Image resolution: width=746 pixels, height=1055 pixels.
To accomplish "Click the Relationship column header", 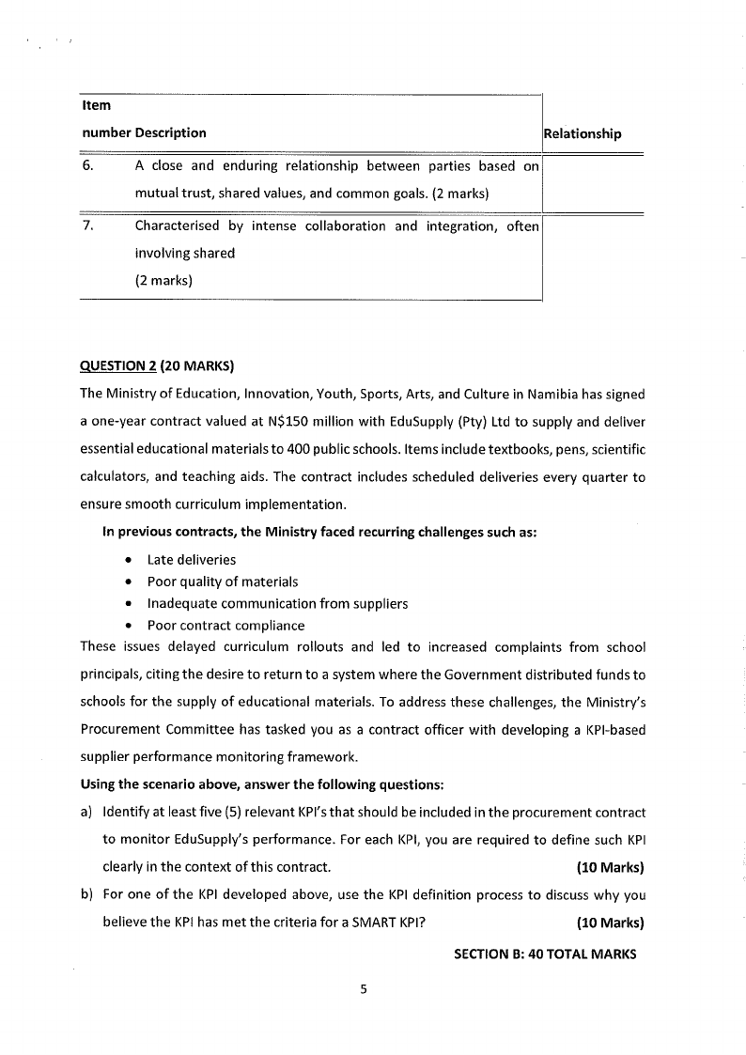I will pos(583,133).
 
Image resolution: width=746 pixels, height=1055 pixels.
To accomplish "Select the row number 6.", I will pos(86,166).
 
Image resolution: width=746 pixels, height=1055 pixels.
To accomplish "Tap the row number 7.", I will pos(86,225).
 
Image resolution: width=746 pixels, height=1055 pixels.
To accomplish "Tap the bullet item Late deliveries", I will pos(192,560).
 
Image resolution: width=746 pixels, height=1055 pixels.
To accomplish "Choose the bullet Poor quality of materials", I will pos(223,582).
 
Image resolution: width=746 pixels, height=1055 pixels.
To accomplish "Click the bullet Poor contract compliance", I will pos(225,626).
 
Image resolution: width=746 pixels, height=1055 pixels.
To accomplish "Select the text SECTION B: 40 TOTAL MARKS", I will pos(545,954).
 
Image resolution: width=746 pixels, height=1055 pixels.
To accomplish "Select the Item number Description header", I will pos(144,132).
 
